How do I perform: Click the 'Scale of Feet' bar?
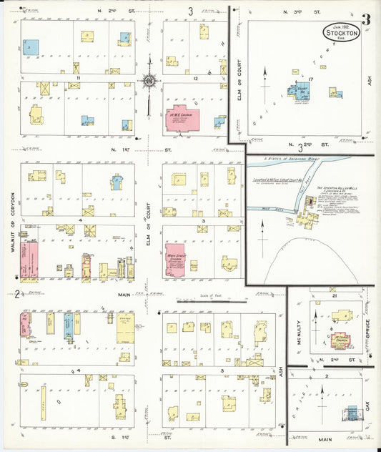point(207,302)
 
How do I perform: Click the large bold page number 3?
point(365,20)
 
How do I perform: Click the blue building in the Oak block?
point(351,413)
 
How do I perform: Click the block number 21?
point(333,295)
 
